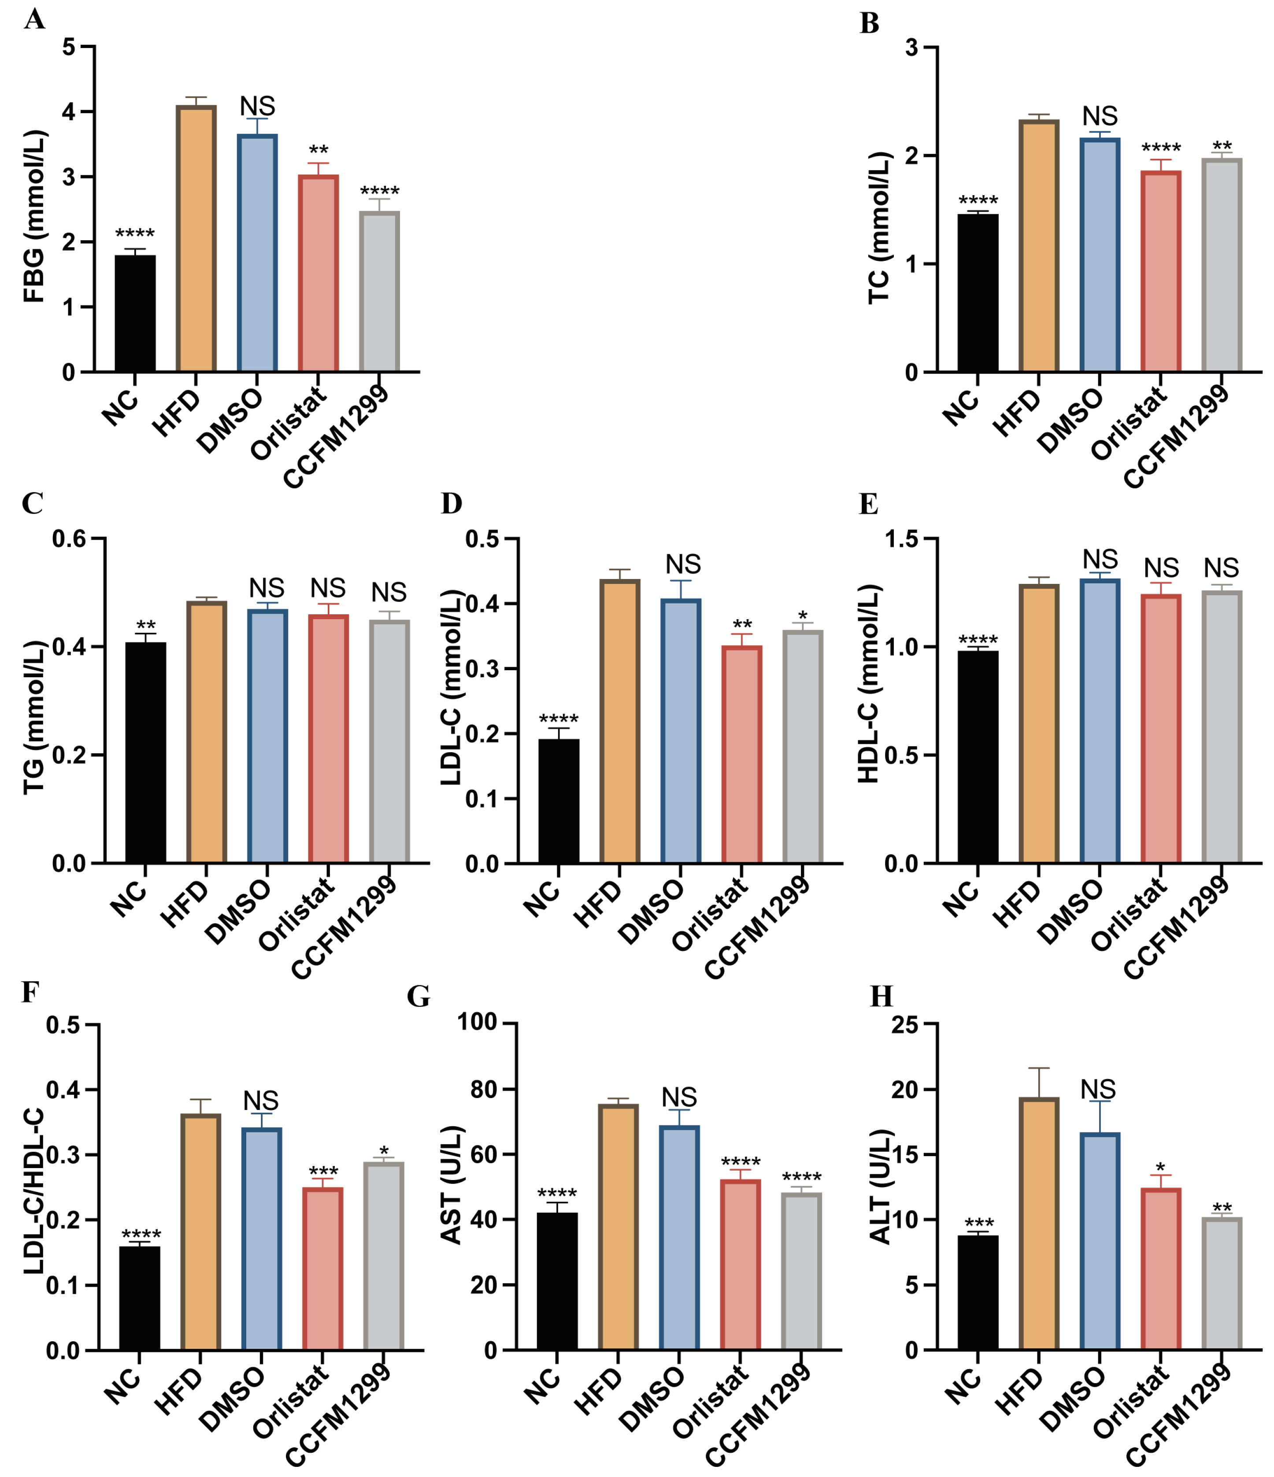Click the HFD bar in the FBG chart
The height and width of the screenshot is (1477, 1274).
(x=196, y=239)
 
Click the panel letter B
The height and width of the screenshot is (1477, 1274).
(x=869, y=23)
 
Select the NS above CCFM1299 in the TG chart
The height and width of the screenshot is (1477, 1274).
(x=389, y=592)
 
